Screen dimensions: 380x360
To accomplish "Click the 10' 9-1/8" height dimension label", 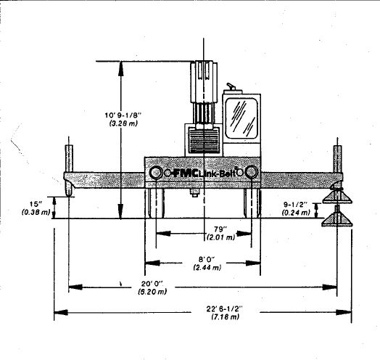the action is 123,115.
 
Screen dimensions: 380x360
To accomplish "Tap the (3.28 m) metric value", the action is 123,123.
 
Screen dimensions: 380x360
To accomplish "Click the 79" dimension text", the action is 220,229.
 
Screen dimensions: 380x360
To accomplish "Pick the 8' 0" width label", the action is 207,259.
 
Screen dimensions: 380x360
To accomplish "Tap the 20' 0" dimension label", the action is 152,283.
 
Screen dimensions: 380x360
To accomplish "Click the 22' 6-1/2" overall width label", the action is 225,308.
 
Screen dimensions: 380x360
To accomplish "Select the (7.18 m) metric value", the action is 226,317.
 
